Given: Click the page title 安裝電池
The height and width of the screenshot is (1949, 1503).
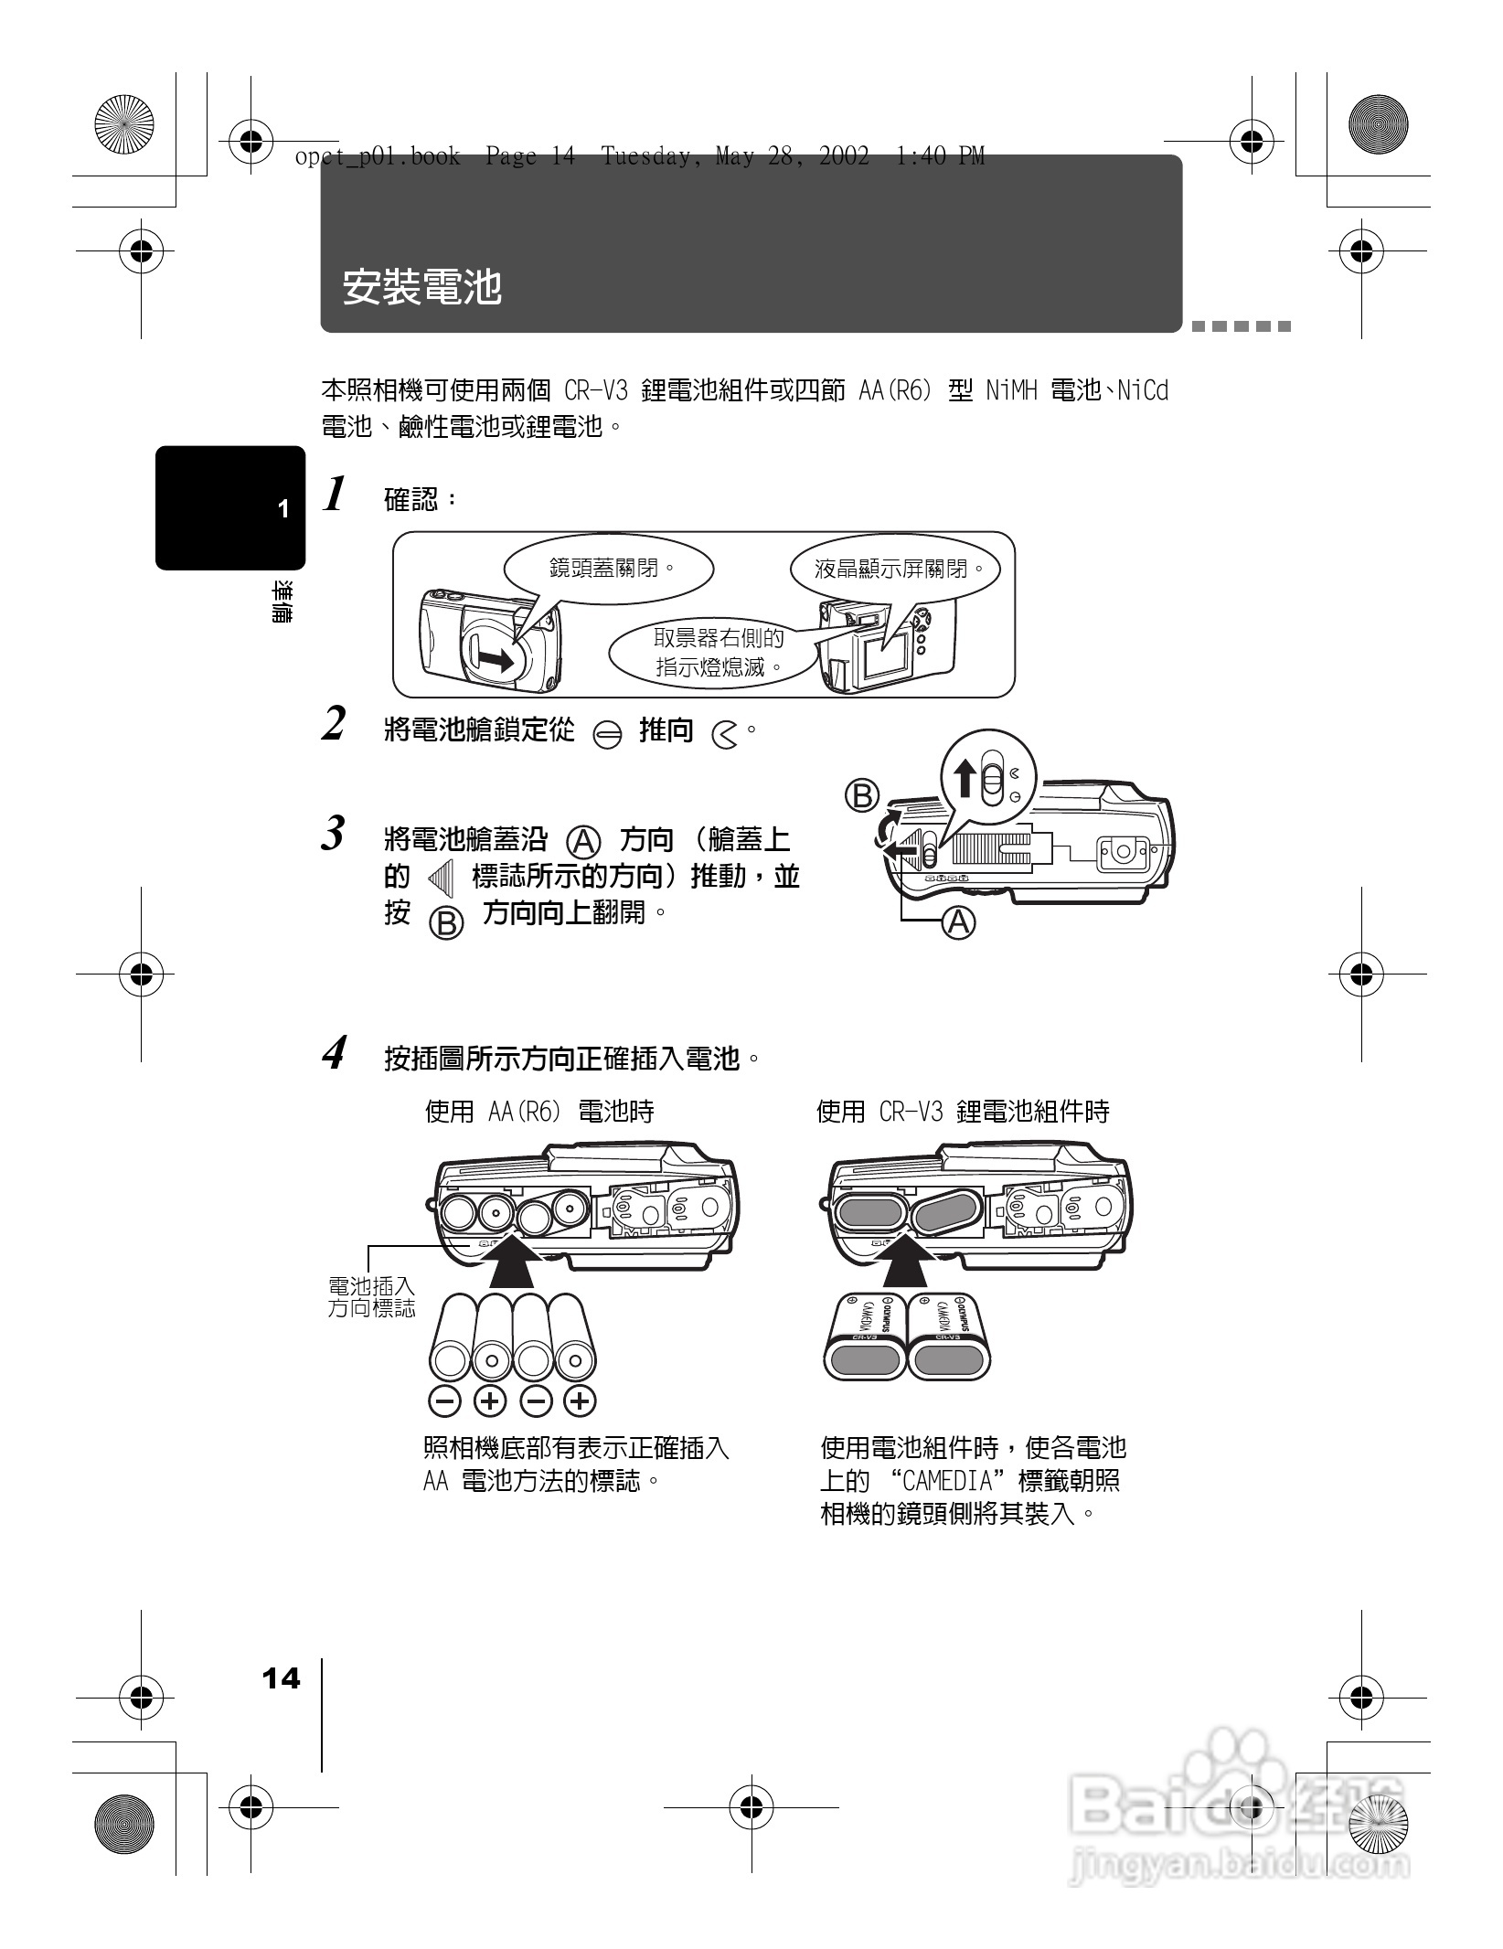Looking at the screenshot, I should click(422, 287).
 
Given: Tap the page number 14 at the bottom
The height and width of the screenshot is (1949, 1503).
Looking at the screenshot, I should click(281, 1678).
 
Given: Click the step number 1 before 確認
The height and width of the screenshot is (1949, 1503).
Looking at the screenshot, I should click(336, 495).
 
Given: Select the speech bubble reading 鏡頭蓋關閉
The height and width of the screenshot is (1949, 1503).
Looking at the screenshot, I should click(611, 569).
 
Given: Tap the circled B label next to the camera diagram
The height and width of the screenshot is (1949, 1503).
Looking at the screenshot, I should click(862, 795).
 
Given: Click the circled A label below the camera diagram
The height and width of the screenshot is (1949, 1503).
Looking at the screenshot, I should click(959, 922).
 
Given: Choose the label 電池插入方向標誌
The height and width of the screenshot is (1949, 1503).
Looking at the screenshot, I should click(371, 1298).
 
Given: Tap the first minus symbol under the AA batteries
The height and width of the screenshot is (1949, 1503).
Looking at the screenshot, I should click(443, 1400).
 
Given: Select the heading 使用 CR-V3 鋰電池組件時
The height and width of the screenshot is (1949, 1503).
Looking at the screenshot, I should click(962, 1112).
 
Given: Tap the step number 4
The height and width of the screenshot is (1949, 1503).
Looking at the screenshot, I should click(335, 1053).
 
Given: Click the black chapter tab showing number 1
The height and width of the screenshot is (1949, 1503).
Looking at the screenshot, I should click(230, 508).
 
